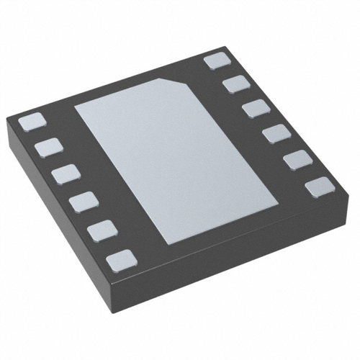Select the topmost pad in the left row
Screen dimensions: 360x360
point(30,122)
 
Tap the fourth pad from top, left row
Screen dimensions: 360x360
point(82,202)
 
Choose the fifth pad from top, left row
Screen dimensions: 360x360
point(102,230)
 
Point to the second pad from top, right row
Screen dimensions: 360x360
point(235,85)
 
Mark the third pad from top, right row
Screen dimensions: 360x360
point(254,109)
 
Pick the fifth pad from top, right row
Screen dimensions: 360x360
point(296,160)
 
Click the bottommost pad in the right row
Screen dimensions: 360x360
point(318,188)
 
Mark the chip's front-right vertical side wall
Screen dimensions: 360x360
point(245,252)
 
